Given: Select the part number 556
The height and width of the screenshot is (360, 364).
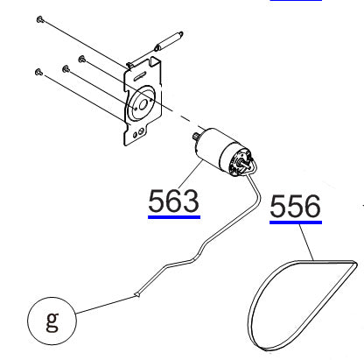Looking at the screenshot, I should click(x=295, y=208).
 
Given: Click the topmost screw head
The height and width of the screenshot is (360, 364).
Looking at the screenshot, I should click(x=40, y=18).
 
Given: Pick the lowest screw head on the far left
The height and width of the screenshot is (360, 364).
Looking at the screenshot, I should click(x=38, y=70).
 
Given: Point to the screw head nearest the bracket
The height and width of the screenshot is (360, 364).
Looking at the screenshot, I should click(x=82, y=60).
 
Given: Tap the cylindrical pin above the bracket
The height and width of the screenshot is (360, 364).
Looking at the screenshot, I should click(x=168, y=40).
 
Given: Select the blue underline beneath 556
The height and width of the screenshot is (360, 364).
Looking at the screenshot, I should click(x=295, y=222).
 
